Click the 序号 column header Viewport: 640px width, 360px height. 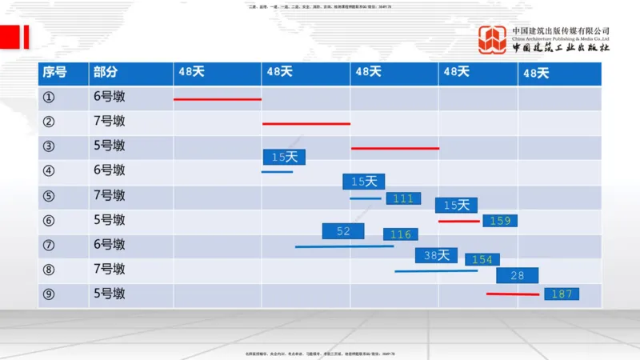(x=54, y=72)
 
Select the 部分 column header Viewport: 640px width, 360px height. (x=105, y=72)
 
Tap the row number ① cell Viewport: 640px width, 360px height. (x=49, y=97)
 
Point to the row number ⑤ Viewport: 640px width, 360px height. (x=49, y=196)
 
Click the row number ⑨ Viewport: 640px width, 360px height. (x=49, y=294)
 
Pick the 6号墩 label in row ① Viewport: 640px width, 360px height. (x=109, y=97)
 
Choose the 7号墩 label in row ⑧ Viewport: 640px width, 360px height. (x=109, y=270)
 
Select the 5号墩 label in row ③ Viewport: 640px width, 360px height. (x=109, y=146)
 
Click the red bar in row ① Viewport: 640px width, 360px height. (x=218, y=99)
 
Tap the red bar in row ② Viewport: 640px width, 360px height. (x=306, y=124)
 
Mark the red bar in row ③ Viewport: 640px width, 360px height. (x=395, y=148)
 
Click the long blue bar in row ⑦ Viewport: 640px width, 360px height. (x=344, y=246)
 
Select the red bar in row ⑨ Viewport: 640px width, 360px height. (x=513, y=294)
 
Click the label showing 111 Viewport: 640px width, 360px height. (x=403, y=198)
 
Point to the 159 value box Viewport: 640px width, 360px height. (x=500, y=220)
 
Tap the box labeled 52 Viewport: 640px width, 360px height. (x=343, y=231)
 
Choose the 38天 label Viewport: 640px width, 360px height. (x=436, y=255)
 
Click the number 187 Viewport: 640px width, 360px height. (x=562, y=294)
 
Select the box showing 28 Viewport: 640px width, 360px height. (x=517, y=275)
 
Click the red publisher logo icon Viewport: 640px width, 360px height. (x=492, y=40)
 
